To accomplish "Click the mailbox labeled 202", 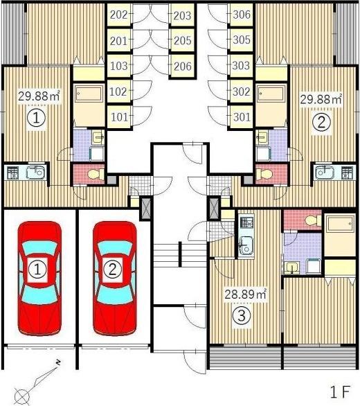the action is pyautogui.click(x=119, y=15).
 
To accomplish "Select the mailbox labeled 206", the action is pyautogui.click(x=182, y=67).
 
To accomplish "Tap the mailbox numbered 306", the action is pyautogui.click(x=241, y=15).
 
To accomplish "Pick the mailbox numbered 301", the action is pyautogui.click(x=241, y=117).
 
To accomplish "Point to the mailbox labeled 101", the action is pyautogui.click(x=119, y=117).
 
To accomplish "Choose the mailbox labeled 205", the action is pyautogui.click(x=182, y=40).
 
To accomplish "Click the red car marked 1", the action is pyautogui.click(x=39, y=278).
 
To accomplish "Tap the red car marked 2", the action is pyautogui.click(x=114, y=278).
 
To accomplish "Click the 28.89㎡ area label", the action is pyautogui.click(x=245, y=294).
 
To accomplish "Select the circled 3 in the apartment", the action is pyautogui.click(x=242, y=315).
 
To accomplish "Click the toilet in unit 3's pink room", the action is pyautogui.click(x=312, y=221).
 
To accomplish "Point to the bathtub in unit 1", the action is pyautogui.click(x=89, y=94).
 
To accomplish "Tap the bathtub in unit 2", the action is pyautogui.click(x=271, y=94).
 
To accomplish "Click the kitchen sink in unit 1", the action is pyautogui.click(x=36, y=173).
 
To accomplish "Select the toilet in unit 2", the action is pyautogui.click(x=263, y=174).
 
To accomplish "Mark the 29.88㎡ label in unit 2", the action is pyautogui.click(x=321, y=99).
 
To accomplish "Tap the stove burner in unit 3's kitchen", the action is pyautogui.click(x=246, y=222).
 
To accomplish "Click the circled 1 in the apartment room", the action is pyautogui.click(x=36, y=118).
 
